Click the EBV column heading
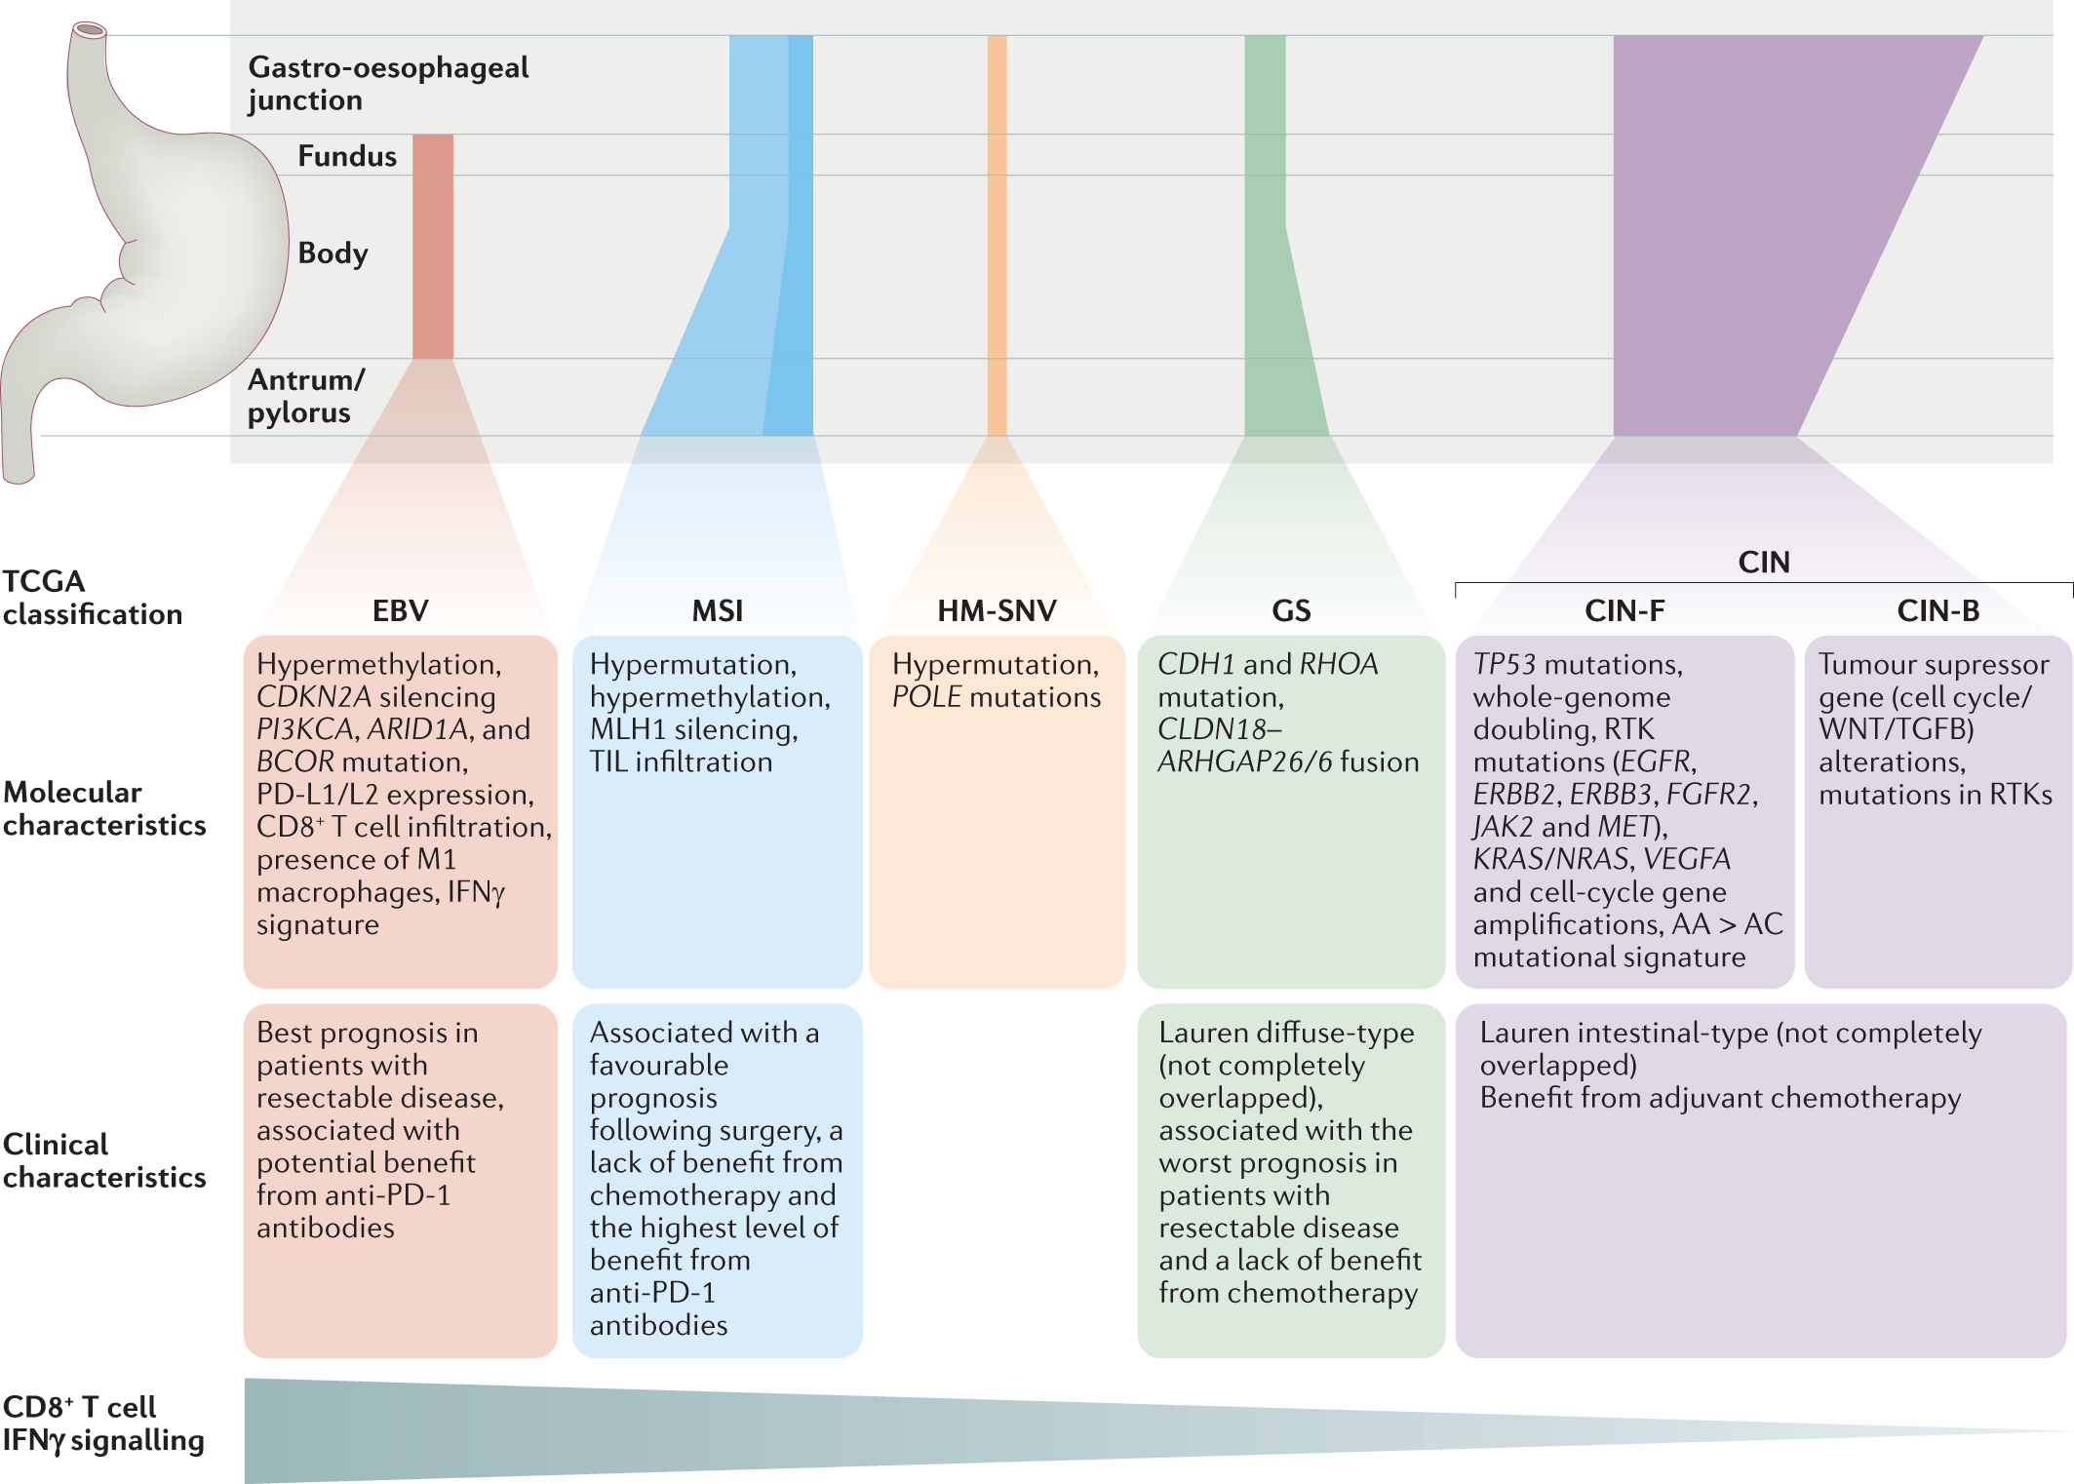pos(400,610)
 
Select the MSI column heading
pos(717,610)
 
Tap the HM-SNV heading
pos(997,610)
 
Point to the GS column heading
pos(1291,610)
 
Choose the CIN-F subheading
pos(1624,610)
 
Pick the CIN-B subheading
pos(1937,610)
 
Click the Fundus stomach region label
pos(347,156)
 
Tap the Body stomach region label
pos(333,254)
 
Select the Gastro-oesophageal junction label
pos(388,84)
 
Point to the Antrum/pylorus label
pos(306,396)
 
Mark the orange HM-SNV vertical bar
pos(997,234)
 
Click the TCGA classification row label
pos(92,597)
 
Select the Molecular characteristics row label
pos(103,808)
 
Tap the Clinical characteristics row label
pos(103,1160)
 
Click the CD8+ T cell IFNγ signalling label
pos(102,1424)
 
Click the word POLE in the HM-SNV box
pos(926,697)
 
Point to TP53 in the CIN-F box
pos(1504,665)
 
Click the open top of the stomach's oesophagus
pos(90,29)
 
